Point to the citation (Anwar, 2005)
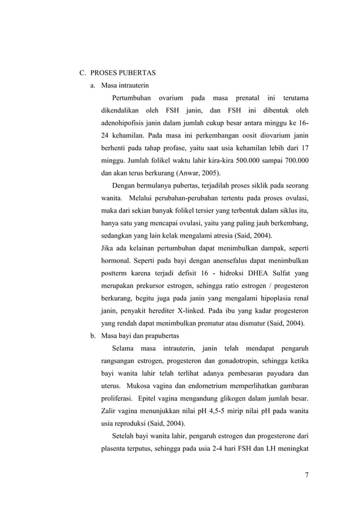(x=198, y=173)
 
